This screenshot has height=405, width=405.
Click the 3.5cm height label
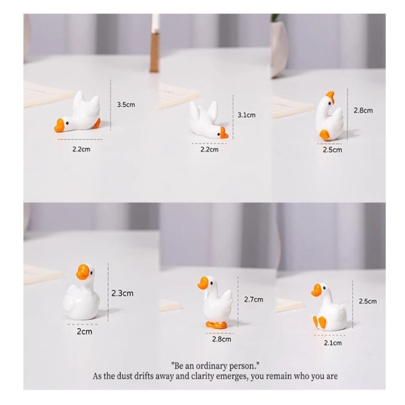click(126, 105)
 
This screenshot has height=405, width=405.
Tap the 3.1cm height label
click(246, 115)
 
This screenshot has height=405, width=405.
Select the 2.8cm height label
click(363, 110)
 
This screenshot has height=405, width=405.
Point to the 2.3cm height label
click(122, 293)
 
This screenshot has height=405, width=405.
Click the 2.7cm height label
click(253, 299)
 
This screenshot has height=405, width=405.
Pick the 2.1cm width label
click(333, 343)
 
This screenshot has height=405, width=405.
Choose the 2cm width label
click(85, 332)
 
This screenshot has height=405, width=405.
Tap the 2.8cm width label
click(221, 339)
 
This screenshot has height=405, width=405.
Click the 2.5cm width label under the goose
click(332, 150)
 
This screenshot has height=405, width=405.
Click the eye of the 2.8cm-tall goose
click(329, 103)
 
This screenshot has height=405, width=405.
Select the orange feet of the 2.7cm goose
click(216, 325)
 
